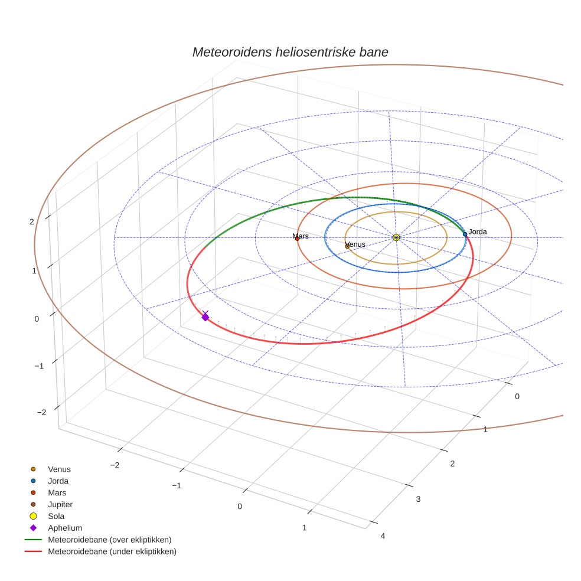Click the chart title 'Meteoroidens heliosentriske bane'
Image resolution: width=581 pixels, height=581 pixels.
tap(290, 52)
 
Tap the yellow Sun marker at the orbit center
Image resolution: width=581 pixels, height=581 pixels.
tap(396, 237)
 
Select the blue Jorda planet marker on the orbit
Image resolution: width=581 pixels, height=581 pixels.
tap(465, 234)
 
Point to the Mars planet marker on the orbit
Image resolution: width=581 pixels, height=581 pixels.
tap(297, 239)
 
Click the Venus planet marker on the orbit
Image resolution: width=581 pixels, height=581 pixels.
tap(347, 246)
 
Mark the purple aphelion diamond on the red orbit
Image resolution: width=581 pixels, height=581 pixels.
tap(205, 318)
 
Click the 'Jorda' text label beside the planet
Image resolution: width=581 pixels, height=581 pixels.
tap(478, 231)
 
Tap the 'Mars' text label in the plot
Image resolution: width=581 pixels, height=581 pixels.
tap(301, 236)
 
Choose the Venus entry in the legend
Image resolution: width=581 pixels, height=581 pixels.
tap(59, 469)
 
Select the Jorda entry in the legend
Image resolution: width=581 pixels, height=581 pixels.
tap(58, 481)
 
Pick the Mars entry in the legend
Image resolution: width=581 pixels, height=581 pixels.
tap(57, 492)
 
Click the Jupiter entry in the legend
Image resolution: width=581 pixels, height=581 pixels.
tap(60, 504)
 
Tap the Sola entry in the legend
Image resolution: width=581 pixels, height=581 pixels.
tap(57, 516)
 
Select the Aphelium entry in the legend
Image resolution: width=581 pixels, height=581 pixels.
tap(65, 528)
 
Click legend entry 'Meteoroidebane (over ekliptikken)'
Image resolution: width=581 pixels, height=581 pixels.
tap(110, 540)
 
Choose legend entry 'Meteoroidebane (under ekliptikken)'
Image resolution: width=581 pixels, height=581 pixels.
tap(112, 551)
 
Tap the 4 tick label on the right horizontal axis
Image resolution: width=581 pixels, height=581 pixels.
tap(383, 536)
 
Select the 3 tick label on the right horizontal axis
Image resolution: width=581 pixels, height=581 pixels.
tap(418, 500)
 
